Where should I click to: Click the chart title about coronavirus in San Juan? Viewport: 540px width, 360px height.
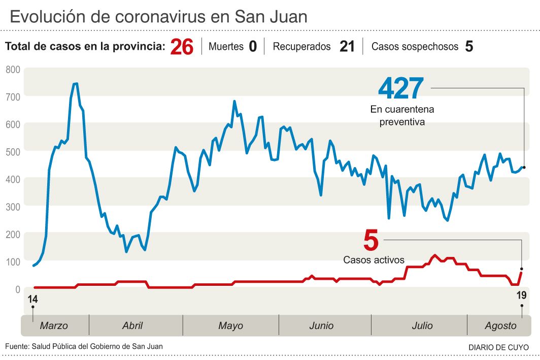pyautogui.click(x=158, y=17)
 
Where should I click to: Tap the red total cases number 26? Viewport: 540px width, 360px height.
pyautogui.click(x=182, y=47)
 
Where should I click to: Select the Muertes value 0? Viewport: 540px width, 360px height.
pyautogui.click(x=253, y=47)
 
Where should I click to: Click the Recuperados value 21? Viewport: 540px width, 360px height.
pyautogui.click(x=347, y=47)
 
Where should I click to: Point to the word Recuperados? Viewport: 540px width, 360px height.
pyautogui.click(x=301, y=47)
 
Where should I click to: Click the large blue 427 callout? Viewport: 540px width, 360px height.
pyautogui.click(x=401, y=89)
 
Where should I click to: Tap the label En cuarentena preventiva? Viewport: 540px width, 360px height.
pyautogui.click(x=402, y=116)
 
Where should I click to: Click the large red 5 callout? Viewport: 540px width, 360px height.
pyautogui.click(x=371, y=240)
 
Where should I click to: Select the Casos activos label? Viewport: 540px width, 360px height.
pyautogui.click(x=374, y=260)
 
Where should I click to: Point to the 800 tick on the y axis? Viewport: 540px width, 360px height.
pyautogui.click(x=13, y=70)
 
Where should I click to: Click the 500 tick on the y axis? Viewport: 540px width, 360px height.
pyautogui.click(x=13, y=152)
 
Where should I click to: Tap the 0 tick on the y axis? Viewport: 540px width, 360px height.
pyautogui.click(x=17, y=289)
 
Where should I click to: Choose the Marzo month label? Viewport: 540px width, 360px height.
pyautogui.click(x=54, y=326)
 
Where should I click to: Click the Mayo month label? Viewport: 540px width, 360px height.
pyautogui.click(x=230, y=326)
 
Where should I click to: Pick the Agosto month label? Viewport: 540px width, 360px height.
pyautogui.click(x=500, y=326)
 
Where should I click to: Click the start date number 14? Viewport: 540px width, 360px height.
pyautogui.click(x=33, y=299)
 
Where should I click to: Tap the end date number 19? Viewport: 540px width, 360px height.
pyautogui.click(x=521, y=296)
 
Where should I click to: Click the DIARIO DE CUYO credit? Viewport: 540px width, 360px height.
pyautogui.click(x=498, y=347)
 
